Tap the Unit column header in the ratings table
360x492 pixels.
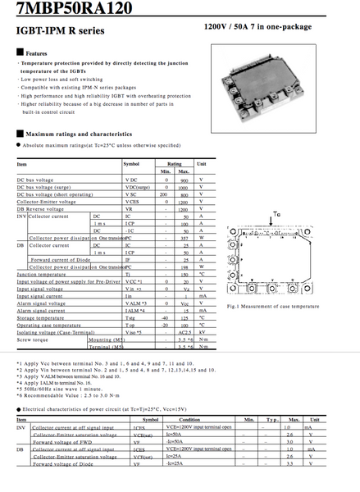201,164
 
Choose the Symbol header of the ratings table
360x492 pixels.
131,164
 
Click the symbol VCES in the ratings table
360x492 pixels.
131,202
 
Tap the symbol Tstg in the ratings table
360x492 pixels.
130,318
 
